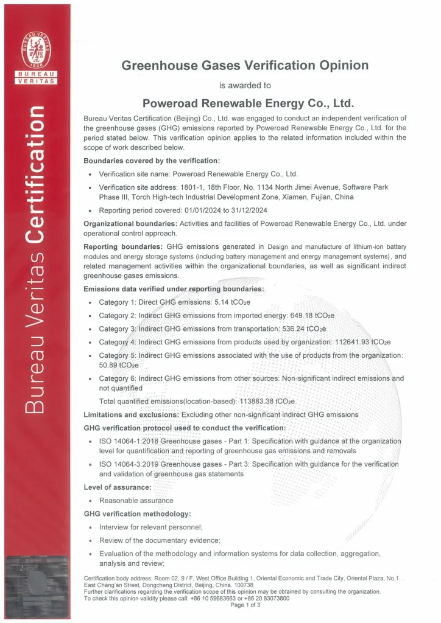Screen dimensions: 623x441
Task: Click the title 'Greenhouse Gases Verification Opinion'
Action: point(245,66)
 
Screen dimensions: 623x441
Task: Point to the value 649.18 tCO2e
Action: point(313,316)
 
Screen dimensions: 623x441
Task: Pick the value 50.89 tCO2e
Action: point(119,364)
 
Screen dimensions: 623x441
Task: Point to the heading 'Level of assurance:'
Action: point(118,487)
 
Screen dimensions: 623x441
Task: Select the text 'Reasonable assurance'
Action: point(136,500)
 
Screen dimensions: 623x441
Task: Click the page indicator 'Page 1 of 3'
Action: point(245,605)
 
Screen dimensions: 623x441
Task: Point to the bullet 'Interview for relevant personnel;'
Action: point(150,527)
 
